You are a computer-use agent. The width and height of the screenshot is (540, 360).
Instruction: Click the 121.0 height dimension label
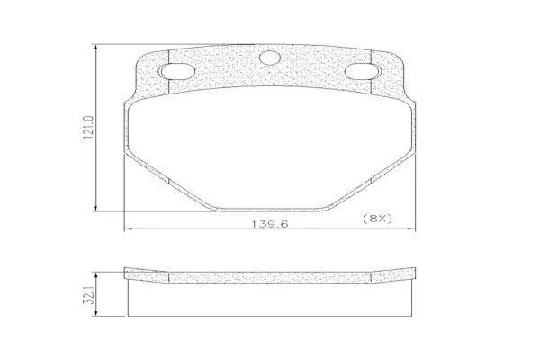88,128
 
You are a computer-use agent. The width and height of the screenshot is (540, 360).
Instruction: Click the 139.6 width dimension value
269,224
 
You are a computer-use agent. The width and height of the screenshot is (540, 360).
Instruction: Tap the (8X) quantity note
378,219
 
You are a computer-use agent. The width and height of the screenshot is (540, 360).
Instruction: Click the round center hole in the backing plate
270,58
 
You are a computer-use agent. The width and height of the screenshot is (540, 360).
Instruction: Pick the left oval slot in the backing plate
177,72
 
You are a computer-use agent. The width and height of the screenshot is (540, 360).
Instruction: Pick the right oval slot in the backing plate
362,71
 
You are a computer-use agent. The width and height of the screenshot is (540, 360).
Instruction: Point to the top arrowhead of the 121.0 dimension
95,49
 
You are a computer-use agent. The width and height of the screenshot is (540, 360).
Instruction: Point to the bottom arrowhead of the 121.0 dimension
95,207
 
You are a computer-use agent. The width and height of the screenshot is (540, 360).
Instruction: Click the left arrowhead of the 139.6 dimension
128,229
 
